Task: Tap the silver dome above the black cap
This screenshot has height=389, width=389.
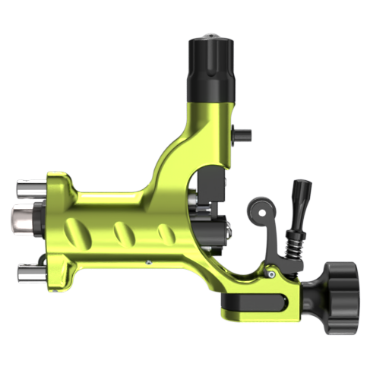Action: click(210, 36)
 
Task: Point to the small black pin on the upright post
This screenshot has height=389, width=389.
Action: click(242, 134)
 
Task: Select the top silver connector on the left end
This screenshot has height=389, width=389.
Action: click(30, 188)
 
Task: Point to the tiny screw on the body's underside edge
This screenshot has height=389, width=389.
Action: click(149, 263)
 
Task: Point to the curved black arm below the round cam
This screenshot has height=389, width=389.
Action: click(274, 243)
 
